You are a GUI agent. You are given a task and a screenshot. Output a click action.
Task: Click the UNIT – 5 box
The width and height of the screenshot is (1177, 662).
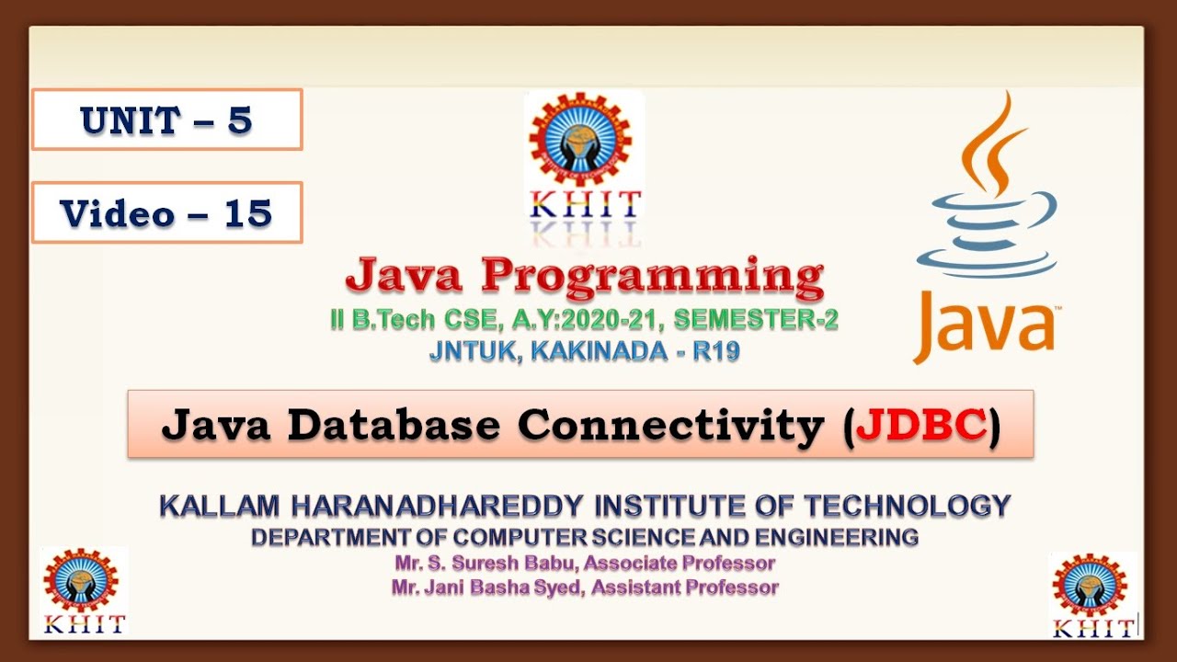pyautogui.click(x=166, y=120)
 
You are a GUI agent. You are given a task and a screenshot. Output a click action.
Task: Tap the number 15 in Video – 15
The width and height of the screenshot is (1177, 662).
pyautogui.click(x=247, y=213)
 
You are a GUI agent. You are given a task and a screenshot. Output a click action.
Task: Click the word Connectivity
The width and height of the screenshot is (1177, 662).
pyautogui.click(x=671, y=425)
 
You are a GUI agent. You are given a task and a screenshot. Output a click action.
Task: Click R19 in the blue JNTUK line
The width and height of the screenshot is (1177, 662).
pyautogui.click(x=716, y=351)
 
